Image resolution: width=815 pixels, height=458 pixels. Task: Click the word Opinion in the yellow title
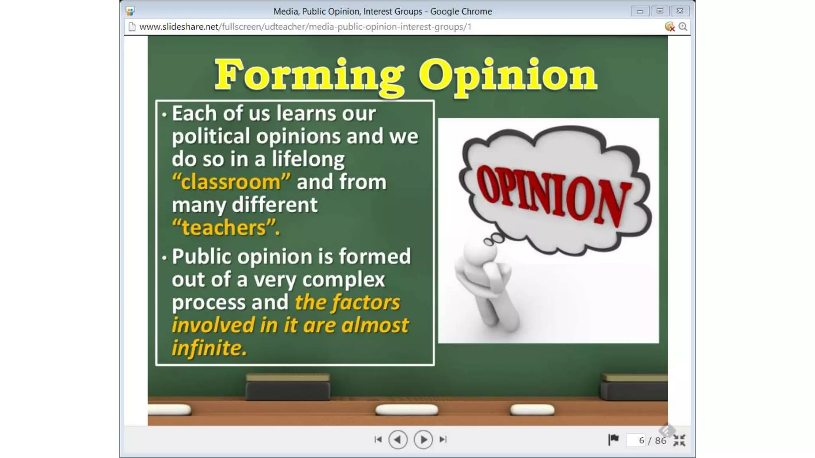click(507, 76)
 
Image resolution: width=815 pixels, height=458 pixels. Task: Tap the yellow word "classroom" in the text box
click(231, 182)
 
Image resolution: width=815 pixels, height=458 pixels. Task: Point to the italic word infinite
click(209, 348)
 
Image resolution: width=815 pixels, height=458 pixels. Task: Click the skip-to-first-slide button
click(378, 439)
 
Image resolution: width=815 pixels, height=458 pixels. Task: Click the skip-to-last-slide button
click(443, 439)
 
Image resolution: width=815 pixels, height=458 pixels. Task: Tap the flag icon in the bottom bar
click(613, 439)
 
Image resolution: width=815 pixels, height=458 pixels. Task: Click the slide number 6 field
click(637, 440)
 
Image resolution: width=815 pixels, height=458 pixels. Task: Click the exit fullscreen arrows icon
click(679, 440)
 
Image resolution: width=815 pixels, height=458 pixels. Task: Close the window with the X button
click(680, 11)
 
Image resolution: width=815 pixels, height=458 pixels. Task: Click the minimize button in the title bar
click(640, 11)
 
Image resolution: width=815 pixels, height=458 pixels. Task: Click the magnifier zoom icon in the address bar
click(683, 27)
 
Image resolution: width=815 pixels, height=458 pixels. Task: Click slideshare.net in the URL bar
click(179, 27)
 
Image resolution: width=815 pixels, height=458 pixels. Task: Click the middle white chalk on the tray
click(406, 409)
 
